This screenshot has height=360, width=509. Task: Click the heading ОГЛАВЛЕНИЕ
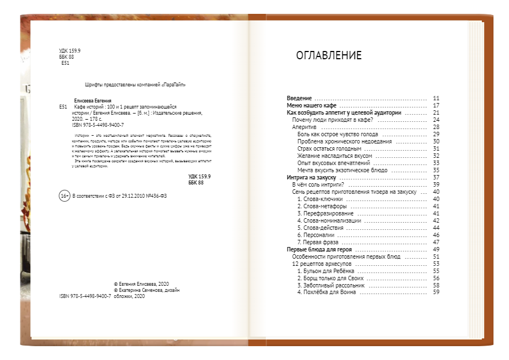pyautogui.click(x=328, y=55)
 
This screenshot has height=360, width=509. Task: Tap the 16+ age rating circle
pyautogui.click(x=64, y=196)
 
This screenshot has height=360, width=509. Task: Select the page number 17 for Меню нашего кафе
pyautogui.click(x=436, y=105)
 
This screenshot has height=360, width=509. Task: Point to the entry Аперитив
pyautogui.click(x=305, y=127)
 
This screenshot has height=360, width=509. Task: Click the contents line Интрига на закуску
pyautogui.click(x=312, y=177)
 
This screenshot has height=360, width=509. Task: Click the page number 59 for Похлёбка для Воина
pyautogui.click(x=436, y=292)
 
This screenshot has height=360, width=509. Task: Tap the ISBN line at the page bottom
pyautogui.click(x=85, y=296)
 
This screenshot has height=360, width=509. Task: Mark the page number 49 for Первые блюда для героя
pyautogui.click(x=436, y=249)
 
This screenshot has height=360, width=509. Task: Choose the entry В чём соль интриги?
pyautogui.click(x=318, y=184)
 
